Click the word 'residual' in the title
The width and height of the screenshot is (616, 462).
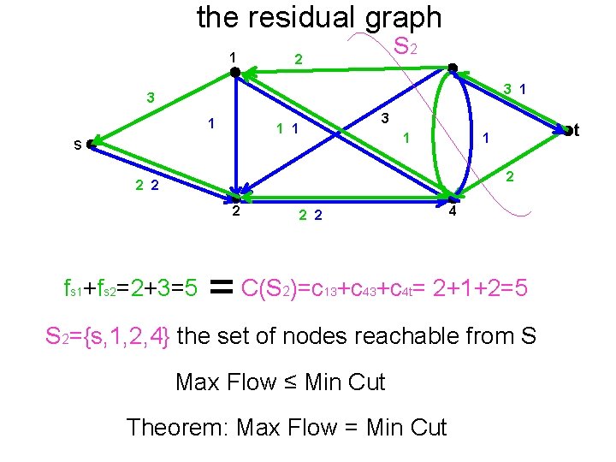point(317,17)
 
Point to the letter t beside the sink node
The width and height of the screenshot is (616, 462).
point(577,130)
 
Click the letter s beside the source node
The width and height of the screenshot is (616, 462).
point(77,145)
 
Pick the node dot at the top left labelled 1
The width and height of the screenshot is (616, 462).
point(235,73)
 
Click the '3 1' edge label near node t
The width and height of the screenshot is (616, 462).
point(514,88)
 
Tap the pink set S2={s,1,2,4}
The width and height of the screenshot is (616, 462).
point(109,336)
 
